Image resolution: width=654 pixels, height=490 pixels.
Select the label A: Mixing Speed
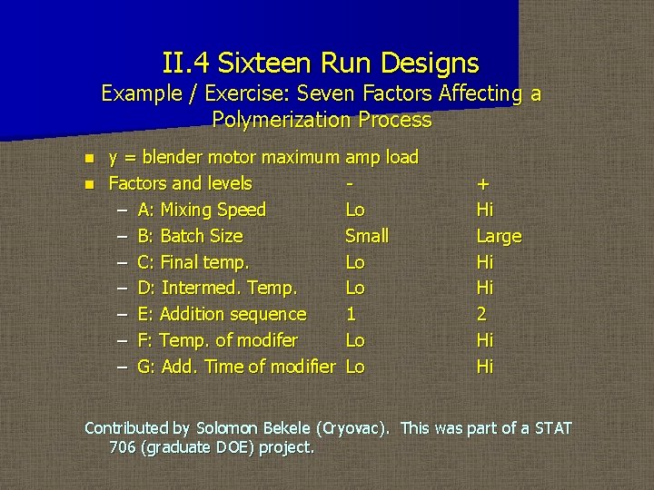pyautogui.click(x=202, y=210)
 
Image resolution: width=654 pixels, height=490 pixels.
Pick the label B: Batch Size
pyautogui.click(x=190, y=236)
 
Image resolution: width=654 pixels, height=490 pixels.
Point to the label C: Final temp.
pyautogui.click(x=193, y=262)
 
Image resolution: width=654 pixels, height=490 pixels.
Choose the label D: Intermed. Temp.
pyautogui.click(x=217, y=288)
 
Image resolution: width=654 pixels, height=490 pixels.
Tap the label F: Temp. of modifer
pyautogui.click(x=217, y=340)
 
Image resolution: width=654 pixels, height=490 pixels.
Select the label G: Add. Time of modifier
pyautogui.click(x=236, y=367)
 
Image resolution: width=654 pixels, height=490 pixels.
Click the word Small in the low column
pyautogui.click(x=367, y=236)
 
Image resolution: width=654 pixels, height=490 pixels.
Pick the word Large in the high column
pyautogui.click(x=499, y=236)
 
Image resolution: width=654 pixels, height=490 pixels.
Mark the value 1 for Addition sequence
pyautogui.click(x=351, y=314)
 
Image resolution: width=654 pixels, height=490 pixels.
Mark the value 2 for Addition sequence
pyautogui.click(x=482, y=314)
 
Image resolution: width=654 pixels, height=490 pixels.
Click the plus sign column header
pyautogui.click(x=482, y=184)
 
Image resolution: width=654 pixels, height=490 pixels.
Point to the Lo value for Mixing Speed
pyautogui.click(x=355, y=210)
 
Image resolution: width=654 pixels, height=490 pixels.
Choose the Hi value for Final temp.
pyautogui.click(x=485, y=262)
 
